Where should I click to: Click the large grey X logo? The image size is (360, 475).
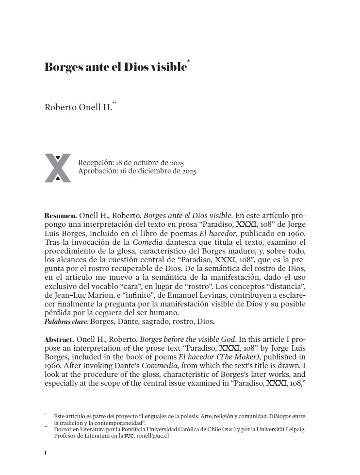pos(58,168)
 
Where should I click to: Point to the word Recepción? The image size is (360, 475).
pos(96,162)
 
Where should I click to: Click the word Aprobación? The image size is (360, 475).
pos(97,171)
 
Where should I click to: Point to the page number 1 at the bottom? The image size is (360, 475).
pos(45,453)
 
